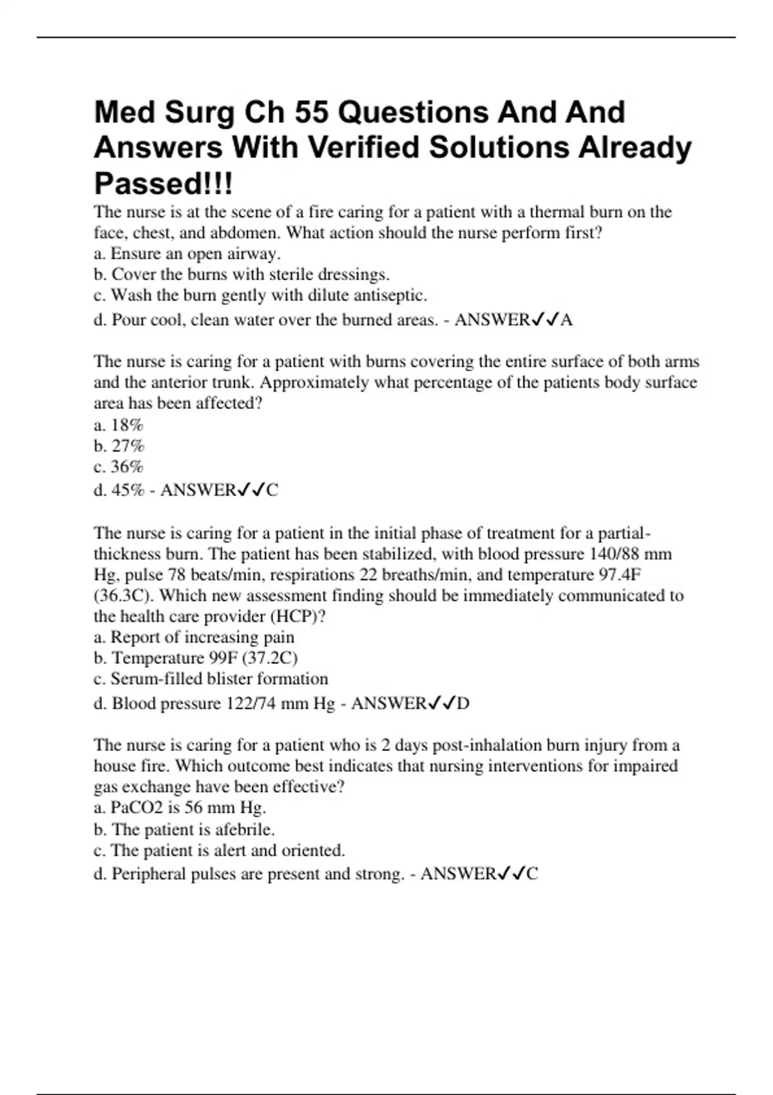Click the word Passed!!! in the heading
click(x=164, y=184)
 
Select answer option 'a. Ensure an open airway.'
click(x=187, y=254)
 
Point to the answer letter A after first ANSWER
click(x=566, y=320)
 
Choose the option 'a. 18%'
click(x=119, y=425)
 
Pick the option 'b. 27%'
click(x=119, y=446)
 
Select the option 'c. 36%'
click(x=119, y=466)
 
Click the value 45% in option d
click(x=128, y=490)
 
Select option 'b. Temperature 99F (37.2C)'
click(x=196, y=658)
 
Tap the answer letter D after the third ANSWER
click(x=463, y=703)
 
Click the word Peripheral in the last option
click(x=149, y=874)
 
